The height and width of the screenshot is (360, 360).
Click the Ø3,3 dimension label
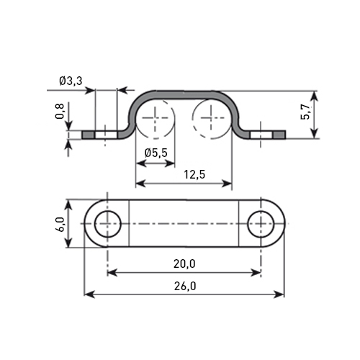point(71,81)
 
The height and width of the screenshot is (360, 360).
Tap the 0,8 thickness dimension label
point(60,111)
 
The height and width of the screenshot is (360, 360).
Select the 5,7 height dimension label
point(305,112)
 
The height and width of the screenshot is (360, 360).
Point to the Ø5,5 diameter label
point(156,153)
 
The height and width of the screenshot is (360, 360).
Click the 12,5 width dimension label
point(194,174)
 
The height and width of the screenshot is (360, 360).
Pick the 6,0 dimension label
point(60,224)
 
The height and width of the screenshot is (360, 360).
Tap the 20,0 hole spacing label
point(184,264)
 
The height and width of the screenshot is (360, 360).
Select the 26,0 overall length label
point(185,286)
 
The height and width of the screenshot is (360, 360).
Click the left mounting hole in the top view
point(107,224)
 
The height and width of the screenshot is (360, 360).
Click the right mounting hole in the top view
point(261,224)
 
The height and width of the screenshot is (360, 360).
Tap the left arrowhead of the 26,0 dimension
point(89,294)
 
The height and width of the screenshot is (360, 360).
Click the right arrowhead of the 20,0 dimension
point(256,273)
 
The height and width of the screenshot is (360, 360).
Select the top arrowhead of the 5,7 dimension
point(315,96)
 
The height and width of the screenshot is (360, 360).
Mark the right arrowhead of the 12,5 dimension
point(227,184)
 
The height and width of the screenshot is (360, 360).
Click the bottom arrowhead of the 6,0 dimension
point(68,242)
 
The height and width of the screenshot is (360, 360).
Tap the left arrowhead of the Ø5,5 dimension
point(141,163)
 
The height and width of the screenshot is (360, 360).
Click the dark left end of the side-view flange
point(88,135)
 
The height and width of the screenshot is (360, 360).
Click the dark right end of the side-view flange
point(279,135)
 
